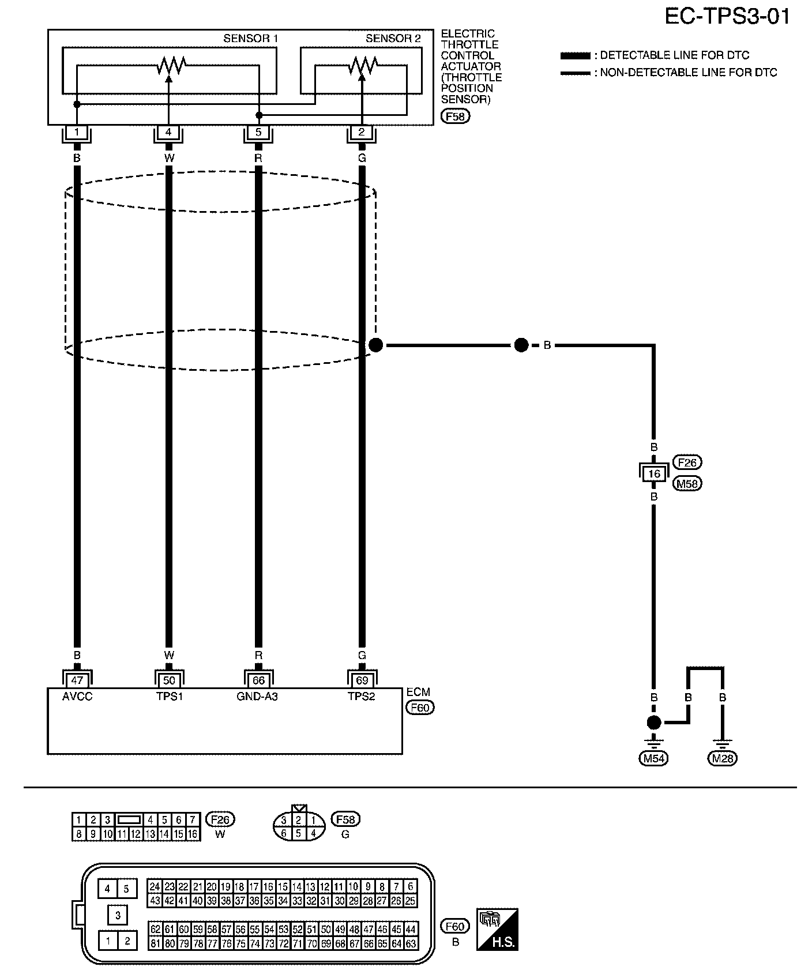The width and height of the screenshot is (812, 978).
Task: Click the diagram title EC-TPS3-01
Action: (x=727, y=17)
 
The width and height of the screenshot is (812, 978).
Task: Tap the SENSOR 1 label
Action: (x=250, y=39)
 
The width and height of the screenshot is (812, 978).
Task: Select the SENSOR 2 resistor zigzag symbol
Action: (x=362, y=65)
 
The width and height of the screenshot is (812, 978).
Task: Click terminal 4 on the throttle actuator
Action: (x=168, y=133)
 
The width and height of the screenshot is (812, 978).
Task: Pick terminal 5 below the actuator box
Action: (x=258, y=133)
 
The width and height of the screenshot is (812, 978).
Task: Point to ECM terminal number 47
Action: (x=77, y=680)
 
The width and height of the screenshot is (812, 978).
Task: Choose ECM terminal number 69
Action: (x=362, y=680)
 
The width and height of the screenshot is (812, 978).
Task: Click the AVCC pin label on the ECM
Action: (x=77, y=697)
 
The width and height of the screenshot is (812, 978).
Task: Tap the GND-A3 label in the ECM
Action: (x=257, y=697)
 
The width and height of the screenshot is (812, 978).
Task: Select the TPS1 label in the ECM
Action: (x=169, y=697)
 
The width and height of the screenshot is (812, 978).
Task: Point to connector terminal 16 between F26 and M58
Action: (x=653, y=474)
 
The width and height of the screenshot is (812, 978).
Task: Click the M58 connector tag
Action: (x=687, y=484)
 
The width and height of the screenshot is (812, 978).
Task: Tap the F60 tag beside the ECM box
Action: (x=420, y=708)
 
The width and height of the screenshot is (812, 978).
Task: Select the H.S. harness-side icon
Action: (x=497, y=930)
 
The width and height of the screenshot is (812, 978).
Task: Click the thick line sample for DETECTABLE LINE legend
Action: (x=575, y=56)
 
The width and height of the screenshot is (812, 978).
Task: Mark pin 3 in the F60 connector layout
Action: (x=117, y=915)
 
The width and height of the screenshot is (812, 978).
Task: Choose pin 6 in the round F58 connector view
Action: (x=283, y=833)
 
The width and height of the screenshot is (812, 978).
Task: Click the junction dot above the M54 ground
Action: (x=653, y=722)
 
